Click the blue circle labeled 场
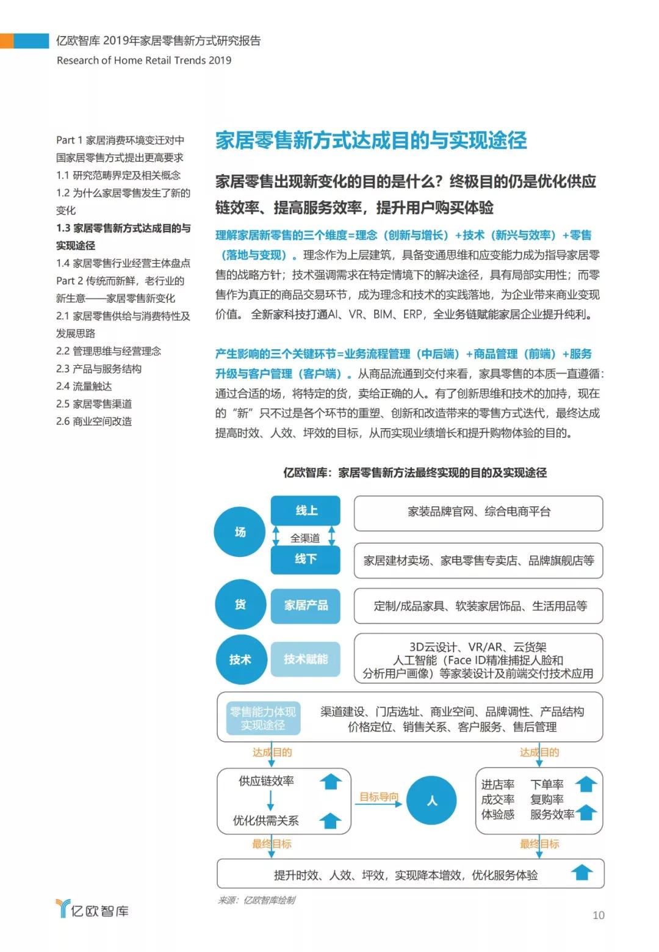240,532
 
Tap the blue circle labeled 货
240,605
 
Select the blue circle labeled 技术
240,659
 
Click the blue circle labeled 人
431,801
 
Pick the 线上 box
305,511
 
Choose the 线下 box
305,559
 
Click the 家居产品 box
305,605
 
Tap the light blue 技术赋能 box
305,659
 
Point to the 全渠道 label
305,538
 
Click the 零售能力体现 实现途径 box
262,718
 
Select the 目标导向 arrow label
378,797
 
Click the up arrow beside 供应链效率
331,781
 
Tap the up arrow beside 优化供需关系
331,821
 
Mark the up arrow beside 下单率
586,783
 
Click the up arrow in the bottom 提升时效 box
582,873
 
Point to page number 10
598,915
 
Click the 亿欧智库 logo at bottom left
92,909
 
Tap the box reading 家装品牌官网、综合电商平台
478,512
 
